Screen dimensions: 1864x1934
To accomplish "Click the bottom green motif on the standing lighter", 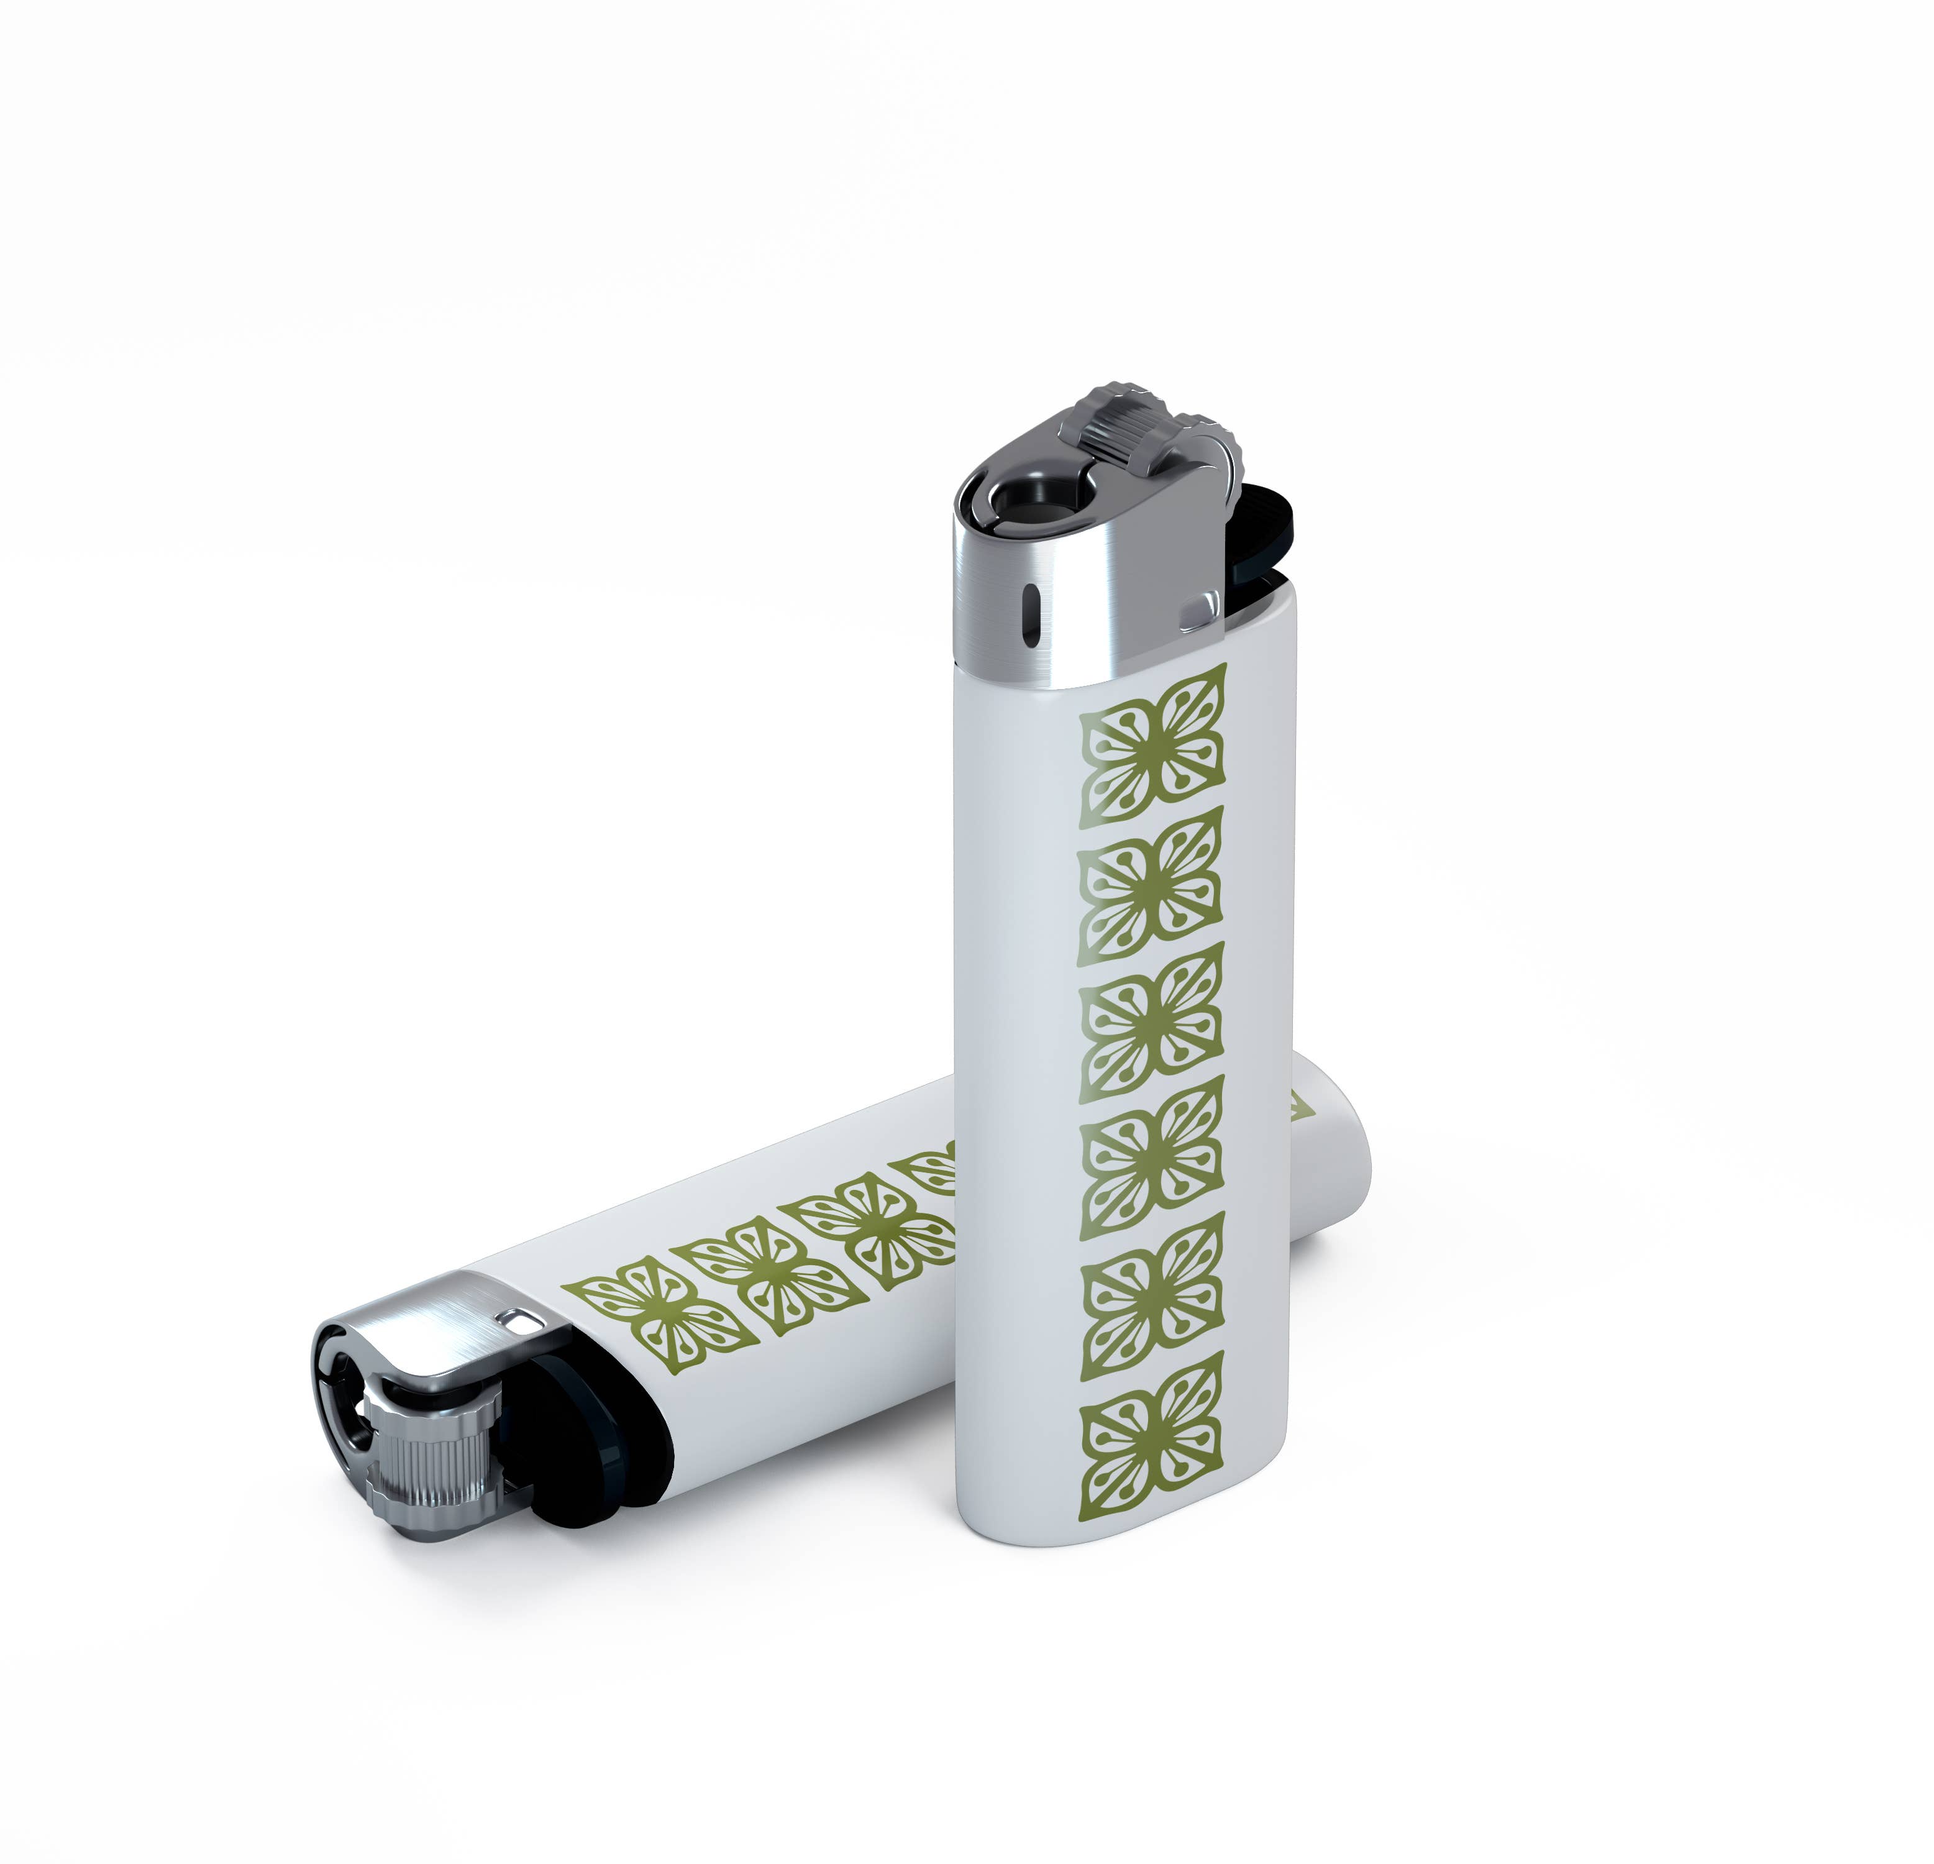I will point(1152,1432).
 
